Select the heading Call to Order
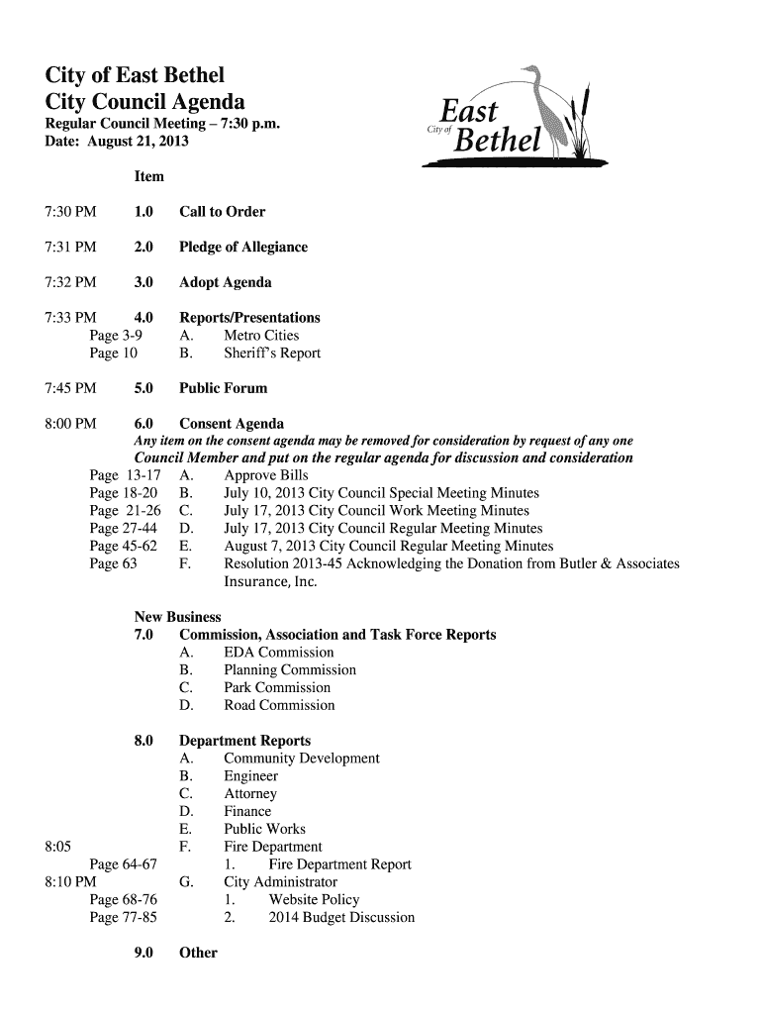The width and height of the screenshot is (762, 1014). click(222, 212)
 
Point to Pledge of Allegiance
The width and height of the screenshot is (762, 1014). click(243, 247)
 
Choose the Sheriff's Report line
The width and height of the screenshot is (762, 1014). click(272, 354)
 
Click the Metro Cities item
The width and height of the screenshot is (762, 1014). click(261, 336)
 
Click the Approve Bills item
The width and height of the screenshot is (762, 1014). click(266, 475)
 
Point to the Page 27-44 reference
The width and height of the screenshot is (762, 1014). click(124, 529)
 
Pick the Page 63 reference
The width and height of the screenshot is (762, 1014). click(113, 564)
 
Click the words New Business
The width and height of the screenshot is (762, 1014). click(163, 617)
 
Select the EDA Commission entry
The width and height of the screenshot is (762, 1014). click(279, 653)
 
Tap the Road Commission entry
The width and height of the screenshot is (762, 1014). click(279, 706)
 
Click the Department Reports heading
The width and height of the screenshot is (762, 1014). click(244, 741)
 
